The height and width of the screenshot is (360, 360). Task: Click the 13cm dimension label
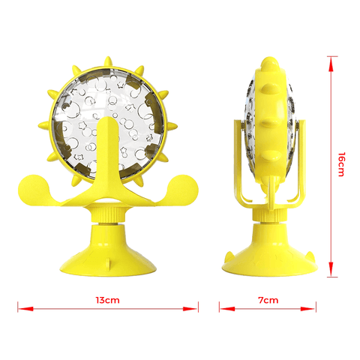107,300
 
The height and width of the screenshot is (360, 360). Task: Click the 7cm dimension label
268,300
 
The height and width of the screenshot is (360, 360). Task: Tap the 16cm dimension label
341,164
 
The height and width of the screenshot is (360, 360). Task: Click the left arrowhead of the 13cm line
25,309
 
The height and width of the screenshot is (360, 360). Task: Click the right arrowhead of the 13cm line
190,309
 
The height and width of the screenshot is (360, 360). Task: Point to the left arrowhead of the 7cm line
227,309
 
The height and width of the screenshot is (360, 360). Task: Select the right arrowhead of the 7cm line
308,309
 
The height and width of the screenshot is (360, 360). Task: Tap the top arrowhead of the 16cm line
331,64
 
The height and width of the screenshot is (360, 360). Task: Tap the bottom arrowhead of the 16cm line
331,268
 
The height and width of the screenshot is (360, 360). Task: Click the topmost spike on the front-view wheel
108,61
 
